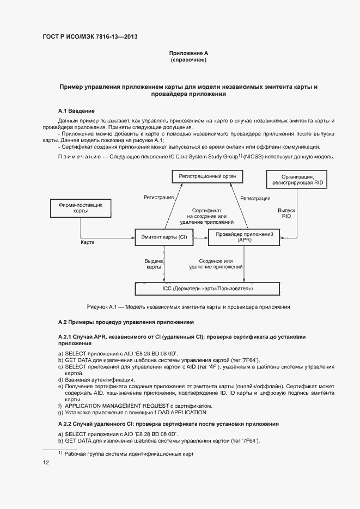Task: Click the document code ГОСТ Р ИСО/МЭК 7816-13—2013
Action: click(x=90, y=36)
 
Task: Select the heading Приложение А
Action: click(x=188, y=53)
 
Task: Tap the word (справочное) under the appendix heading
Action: click(x=188, y=60)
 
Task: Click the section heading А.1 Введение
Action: click(x=76, y=111)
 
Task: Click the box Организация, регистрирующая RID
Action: click(x=297, y=180)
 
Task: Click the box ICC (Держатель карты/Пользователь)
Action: click(x=208, y=287)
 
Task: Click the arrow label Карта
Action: click(x=87, y=242)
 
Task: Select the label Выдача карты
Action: click(x=153, y=265)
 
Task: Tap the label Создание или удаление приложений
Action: click(x=216, y=265)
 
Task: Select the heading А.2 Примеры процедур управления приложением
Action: click(x=126, y=322)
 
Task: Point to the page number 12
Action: click(x=46, y=463)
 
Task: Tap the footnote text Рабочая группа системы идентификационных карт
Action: click(x=129, y=453)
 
